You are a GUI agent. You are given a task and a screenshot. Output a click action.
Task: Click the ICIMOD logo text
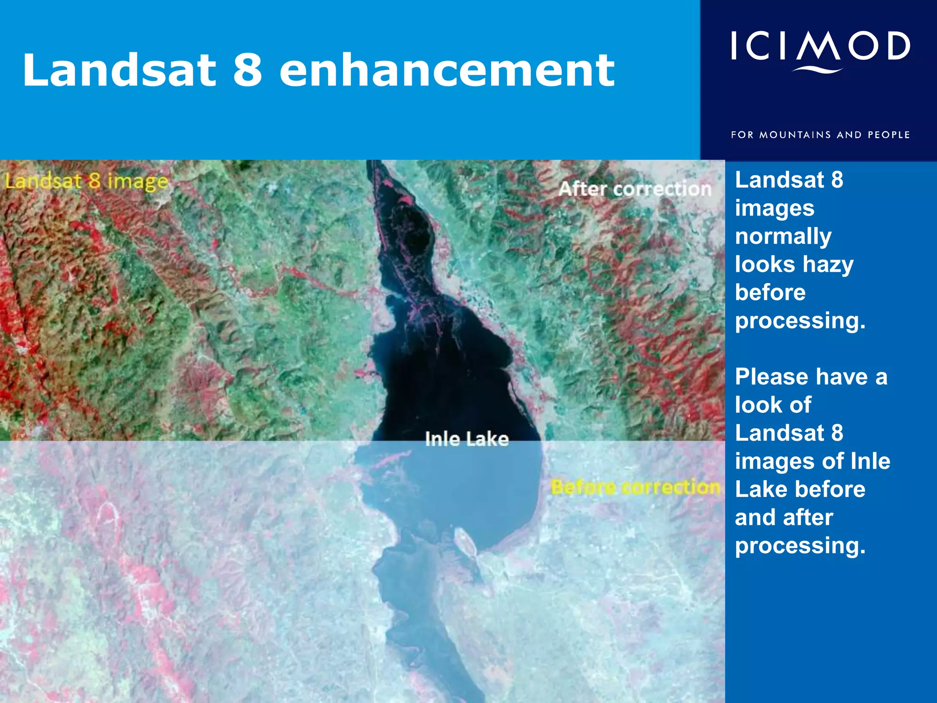click(820, 46)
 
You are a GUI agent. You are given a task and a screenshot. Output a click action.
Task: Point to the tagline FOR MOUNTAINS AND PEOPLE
click(820, 135)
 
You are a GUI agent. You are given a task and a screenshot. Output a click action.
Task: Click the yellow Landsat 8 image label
click(86, 181)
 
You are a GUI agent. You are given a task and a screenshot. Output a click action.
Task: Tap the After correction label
click(635, 189)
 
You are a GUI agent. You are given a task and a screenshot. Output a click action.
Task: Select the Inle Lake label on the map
click(467, 439)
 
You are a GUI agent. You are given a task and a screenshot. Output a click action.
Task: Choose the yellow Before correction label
click(635, 487)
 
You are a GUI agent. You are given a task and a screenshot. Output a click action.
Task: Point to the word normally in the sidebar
click(783, 237)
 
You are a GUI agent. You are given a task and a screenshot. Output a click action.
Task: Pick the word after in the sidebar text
click(807, 518)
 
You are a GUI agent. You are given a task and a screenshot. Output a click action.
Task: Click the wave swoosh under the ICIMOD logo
click(818, 70)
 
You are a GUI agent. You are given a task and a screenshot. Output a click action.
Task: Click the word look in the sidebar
click(757, 405)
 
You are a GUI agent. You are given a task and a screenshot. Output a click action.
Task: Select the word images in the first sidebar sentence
click(775, 209)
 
